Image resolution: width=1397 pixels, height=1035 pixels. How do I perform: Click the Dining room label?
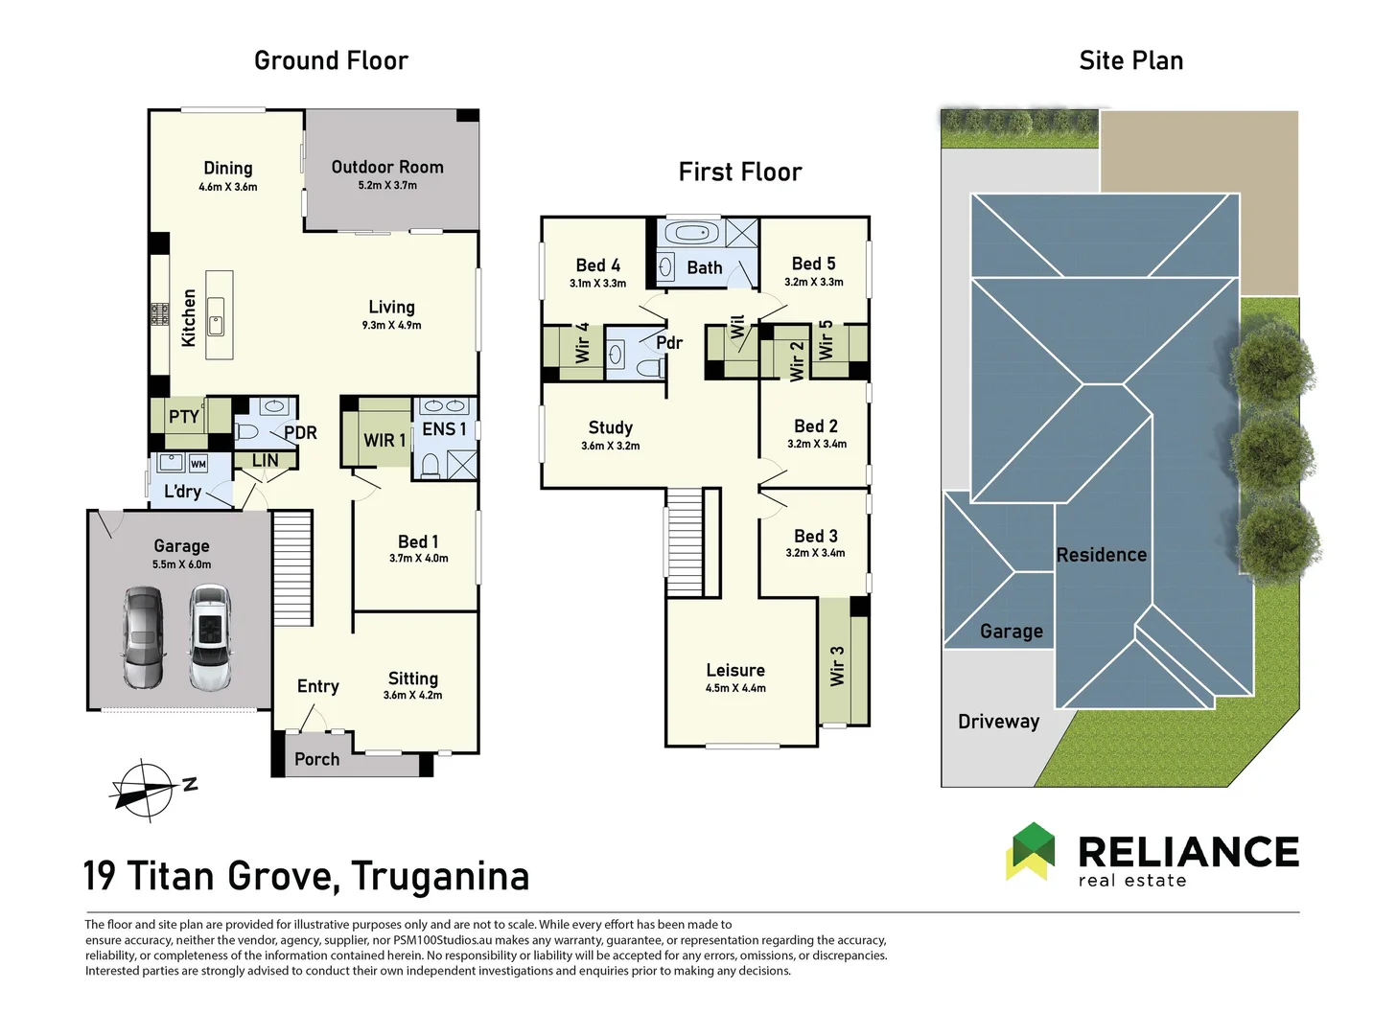227,168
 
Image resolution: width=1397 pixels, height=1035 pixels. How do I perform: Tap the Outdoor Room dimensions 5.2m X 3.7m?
387,185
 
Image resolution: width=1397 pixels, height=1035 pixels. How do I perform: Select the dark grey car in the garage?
144,638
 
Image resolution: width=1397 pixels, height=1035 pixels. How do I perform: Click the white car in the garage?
209,638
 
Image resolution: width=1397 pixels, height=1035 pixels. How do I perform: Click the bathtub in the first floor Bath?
690,234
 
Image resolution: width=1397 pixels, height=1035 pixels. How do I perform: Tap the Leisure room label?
735,670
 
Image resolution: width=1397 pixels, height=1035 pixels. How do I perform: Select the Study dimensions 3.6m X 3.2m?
610,446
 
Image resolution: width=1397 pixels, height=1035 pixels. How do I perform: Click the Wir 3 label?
837,665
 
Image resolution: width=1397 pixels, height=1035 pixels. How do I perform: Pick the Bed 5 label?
813,264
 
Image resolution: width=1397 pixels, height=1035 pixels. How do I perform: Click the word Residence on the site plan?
1101,555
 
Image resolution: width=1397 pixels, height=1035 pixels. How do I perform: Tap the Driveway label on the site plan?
998,722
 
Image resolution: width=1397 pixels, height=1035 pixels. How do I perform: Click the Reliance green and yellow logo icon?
1030,851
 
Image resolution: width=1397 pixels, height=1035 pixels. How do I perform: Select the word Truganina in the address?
440,876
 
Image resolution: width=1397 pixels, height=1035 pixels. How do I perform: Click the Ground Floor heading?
331,60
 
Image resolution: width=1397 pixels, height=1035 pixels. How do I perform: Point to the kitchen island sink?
217,324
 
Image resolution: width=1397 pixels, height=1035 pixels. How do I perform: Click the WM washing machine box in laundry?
198,464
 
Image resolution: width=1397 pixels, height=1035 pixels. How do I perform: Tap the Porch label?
316,759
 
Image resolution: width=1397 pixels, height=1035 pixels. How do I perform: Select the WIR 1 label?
384,440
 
